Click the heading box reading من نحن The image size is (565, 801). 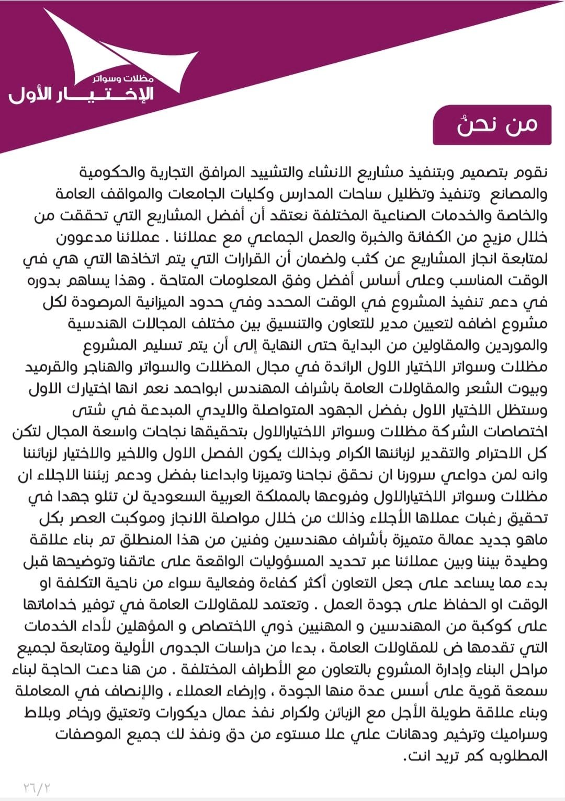pyautogui.click(x=492, y=125)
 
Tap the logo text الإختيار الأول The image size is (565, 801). pyautogui.click(x=81, y=95)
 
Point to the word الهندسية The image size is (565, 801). pyautogui.click(x=100, y=324)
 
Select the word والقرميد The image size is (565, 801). pyautogui.click(x=50, y=367)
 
